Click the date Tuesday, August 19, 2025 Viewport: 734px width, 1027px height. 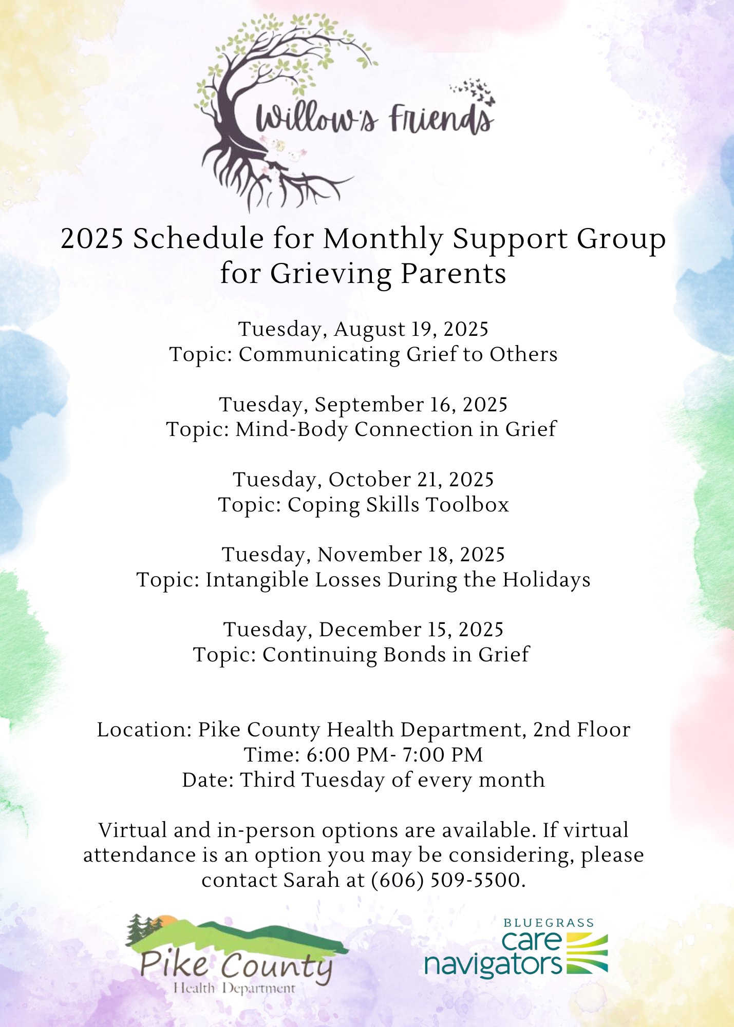(363, 329)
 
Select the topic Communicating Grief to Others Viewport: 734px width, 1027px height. (363, 354)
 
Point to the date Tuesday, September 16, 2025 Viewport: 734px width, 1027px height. (363, 404)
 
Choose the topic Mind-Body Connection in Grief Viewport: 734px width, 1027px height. (361, 429)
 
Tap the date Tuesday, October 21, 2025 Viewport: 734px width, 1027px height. (363, 479)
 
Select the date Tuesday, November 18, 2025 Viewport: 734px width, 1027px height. (363, 555)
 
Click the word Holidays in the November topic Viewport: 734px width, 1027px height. (546, 580)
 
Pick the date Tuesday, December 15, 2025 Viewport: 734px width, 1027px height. (363, 630)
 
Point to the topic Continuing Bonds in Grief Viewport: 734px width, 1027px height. (361, 655)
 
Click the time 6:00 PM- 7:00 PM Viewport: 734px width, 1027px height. (394, 755)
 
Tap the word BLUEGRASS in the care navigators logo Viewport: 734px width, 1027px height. (548, 923)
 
